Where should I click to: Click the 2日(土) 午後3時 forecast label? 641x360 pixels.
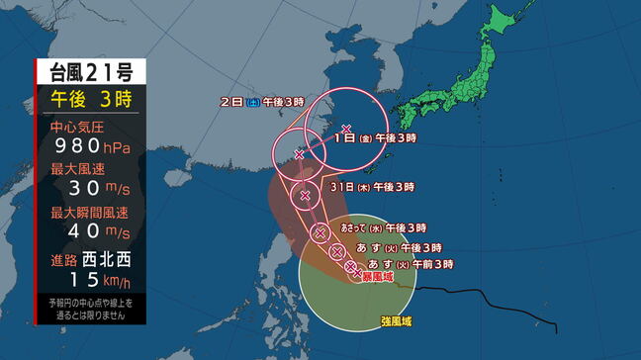255,101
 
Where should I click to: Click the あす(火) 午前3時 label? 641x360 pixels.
411,264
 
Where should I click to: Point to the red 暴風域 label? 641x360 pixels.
375,278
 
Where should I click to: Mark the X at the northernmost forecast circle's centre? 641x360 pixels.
345,129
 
